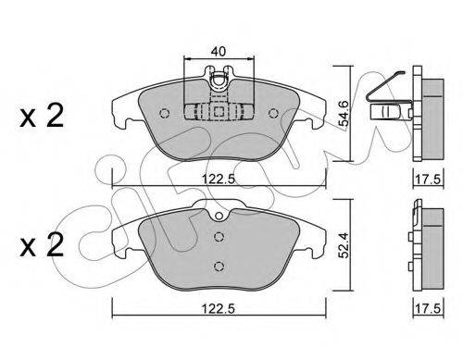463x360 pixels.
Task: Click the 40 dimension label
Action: pyautogui.click(x=219, y=51)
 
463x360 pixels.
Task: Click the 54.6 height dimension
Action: pyautogui.click(x=343, y=113)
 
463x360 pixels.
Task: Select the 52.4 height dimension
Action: pyautogui.click(x=343, y=245)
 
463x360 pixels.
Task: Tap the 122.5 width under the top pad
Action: pyautogui.click(x=219, y=179)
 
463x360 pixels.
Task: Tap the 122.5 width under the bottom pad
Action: pyautogui.click(x=219, y=308)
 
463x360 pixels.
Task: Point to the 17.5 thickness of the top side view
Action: pyautogui.click(x=428, y=180)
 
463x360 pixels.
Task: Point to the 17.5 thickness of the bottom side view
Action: pyautogui.click(x=428, y=308)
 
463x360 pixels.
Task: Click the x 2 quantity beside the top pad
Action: pyautogui.click(x=42, y=116)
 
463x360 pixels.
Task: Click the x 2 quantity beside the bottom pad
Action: pyautogui.click(x=42, y=244)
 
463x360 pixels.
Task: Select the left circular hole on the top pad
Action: pyautogui.click(x=165, y=113)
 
